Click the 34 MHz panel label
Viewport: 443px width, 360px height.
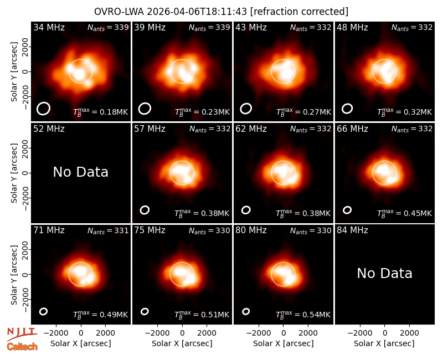(x=49, y=27)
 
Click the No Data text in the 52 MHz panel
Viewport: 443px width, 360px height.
(x=80, y=172)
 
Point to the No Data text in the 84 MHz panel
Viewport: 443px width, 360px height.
(x=384, y=273)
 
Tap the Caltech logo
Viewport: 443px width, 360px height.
(x=22, y=347)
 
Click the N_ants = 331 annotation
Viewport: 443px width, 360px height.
(x=108, y=230)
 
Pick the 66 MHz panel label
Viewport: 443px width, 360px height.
(x=352, y=129)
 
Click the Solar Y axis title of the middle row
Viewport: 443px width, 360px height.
(x=14, y=173)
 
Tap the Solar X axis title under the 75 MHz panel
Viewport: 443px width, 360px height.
(x=182, y=343)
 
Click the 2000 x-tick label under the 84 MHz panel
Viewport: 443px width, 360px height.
(x=409, y=333)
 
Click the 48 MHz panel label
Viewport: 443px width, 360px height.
(x=352, y=27)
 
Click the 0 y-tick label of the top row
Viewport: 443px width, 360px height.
(x=25, y=71)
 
